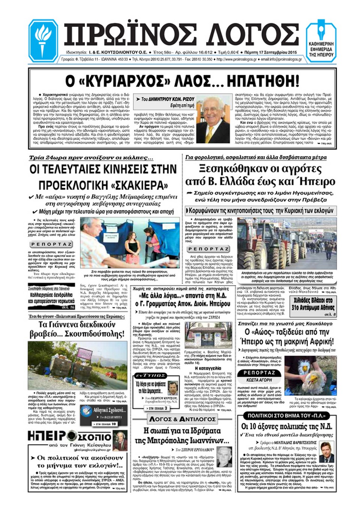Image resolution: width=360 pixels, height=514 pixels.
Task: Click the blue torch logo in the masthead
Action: pos(43,40)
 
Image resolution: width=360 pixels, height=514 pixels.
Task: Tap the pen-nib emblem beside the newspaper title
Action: pos(321,31)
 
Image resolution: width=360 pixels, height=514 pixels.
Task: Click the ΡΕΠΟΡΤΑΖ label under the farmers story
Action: pos(208,249)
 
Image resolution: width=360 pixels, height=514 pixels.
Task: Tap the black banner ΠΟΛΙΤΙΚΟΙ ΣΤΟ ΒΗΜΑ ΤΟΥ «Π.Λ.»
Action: pos(286,415)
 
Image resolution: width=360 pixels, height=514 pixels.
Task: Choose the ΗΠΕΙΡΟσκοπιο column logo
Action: pos(70,437)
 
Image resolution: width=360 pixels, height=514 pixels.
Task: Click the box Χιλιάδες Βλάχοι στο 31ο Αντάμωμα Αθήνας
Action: pos(313,304)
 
